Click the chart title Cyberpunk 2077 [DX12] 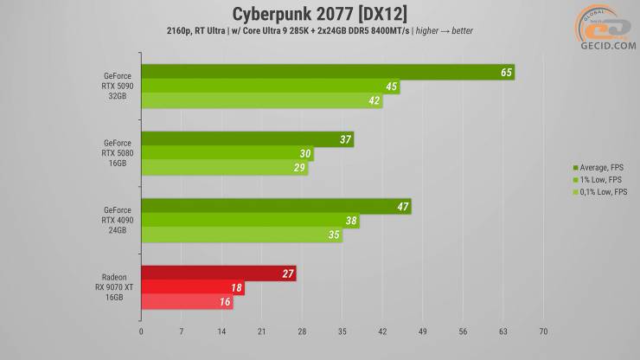[319, 13]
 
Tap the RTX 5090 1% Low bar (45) [270, 87]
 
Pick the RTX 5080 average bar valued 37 [246, 139]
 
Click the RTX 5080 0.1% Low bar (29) [224, 169]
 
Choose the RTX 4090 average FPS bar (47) [275, 207]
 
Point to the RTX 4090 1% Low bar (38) [249, 221]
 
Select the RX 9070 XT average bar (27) [218, 273]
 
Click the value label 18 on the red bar [236, 288]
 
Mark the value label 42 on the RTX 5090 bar [374, 101]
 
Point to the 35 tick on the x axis [342, 331]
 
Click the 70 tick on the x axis [543, 331]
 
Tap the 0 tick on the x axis [141, 331]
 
